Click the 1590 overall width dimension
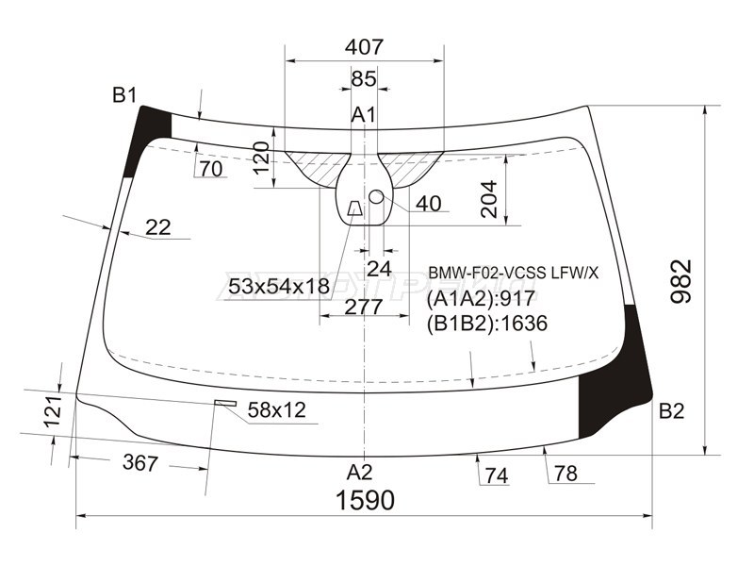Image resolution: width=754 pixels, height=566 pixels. [365, 500]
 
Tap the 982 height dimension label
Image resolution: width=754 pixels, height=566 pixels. [680, 281]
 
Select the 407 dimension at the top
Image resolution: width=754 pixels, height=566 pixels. [364, 46]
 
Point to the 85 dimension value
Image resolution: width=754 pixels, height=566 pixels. [364, 78]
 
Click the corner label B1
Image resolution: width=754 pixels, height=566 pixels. [124, 95]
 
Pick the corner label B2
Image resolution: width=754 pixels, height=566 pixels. [671, 411]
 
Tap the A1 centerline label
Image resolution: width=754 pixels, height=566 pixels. [364, 115]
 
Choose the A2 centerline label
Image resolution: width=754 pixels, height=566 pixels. [360, 473]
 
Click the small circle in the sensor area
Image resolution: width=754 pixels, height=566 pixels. [376, 196]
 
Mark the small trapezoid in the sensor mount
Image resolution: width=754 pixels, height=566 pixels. [355, 208]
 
